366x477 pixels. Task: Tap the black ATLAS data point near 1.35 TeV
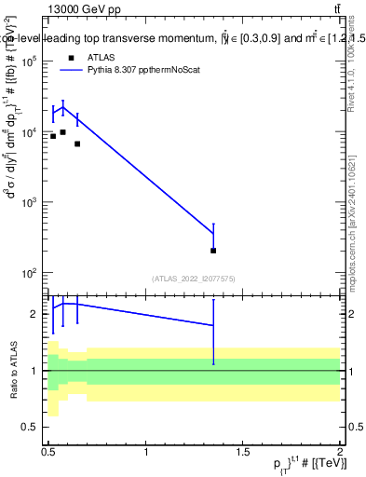(x=213, y=250)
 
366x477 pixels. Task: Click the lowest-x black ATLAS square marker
(x=53, y=136)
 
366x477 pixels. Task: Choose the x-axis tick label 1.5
(x=243, y=451)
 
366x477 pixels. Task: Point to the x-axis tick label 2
(x=340, y=451)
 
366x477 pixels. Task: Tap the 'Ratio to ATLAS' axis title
(x=12, y=371)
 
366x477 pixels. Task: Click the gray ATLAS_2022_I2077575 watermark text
(x=194, y=278)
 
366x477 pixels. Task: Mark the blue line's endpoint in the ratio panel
(x=213, y=325)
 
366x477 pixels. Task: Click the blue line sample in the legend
(x=72, y=70)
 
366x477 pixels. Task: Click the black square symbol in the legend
(x=72, y=58)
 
